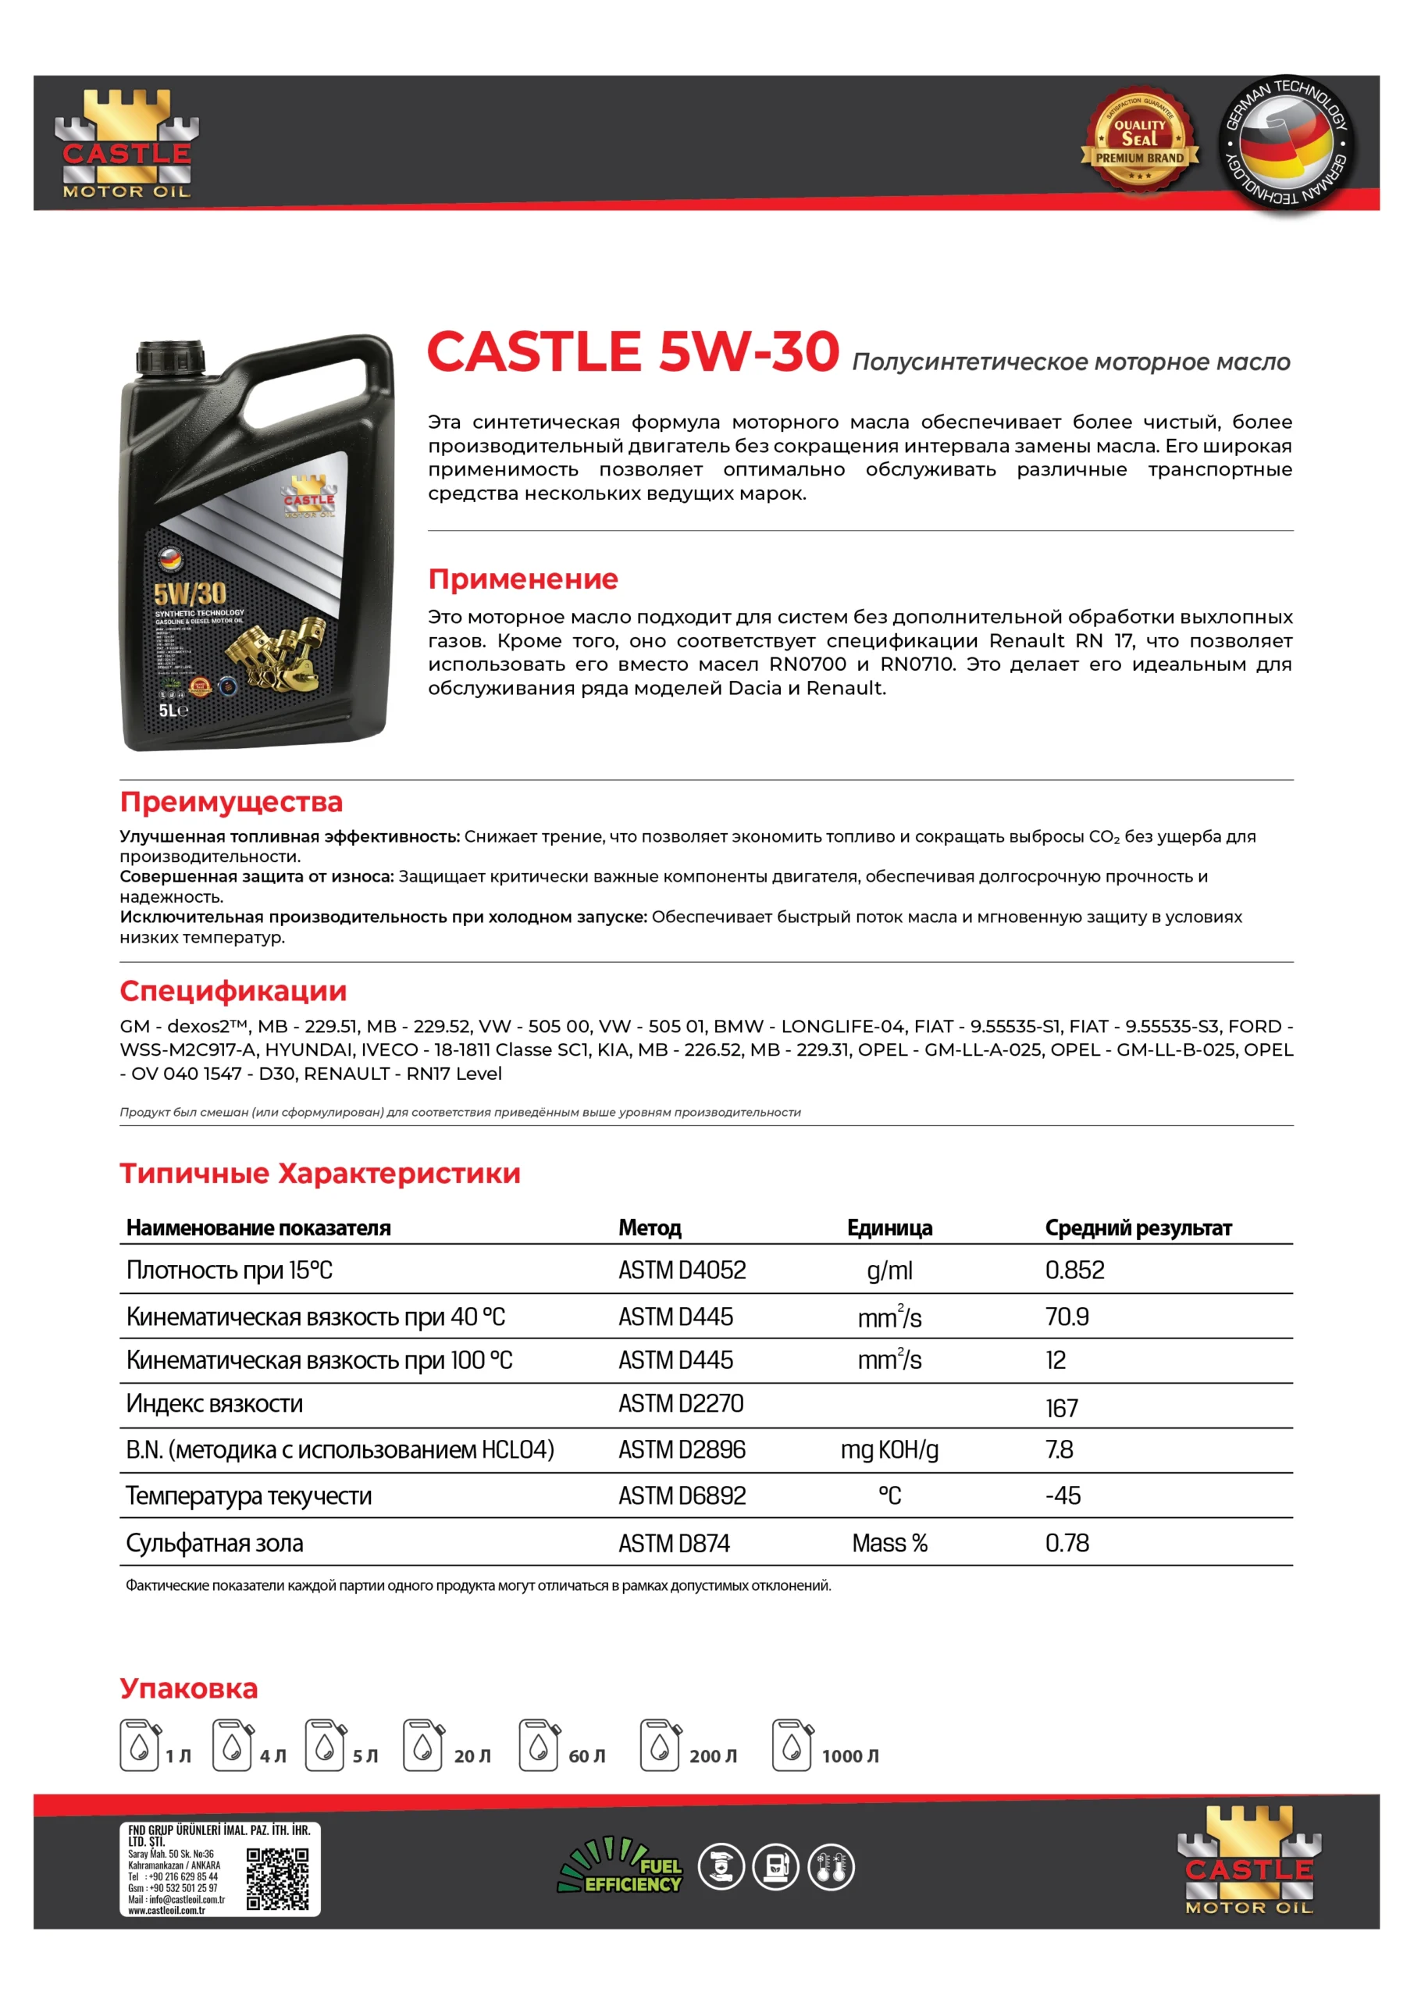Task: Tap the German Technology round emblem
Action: coord(1285,143)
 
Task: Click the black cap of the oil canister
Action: coord(171,358)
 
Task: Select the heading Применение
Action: coord(522,579)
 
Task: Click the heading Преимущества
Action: coord(231,802)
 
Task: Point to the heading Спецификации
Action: coord(233,991)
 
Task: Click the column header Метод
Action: coord(650,1228)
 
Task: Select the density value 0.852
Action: coord(1074,1270)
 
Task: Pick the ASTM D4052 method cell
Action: coord(682,1270)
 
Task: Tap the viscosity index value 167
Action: coord(1061,1408)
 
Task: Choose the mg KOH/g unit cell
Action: coord(889,1449)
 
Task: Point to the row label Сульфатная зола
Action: coord(214,1544)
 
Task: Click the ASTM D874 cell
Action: coord(674,1544)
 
